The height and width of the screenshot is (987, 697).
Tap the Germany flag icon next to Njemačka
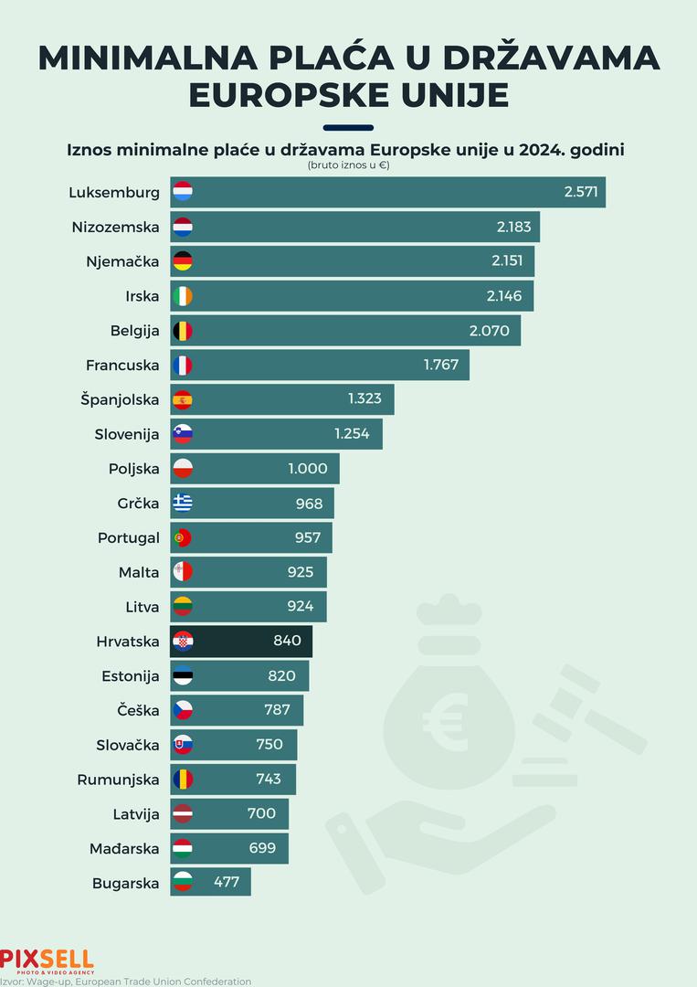pyautogui.click(x=183, y=261)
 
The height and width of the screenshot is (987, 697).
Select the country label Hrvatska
pyautogui.click(x=128, y=642)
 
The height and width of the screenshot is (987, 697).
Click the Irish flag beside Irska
pyautogui.click(x=183, y=296)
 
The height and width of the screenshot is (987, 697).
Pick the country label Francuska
pyautogui.click(x=122, y=366)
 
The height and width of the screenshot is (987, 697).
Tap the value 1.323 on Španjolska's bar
pyautogui.click(x=365, y=399)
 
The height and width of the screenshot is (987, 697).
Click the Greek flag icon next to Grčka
pyautogui.click(x=183, y=503)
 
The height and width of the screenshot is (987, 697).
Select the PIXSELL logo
pyautogui.click(x=47, y=960)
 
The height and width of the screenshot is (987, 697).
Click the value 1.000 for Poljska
pyautogui.click(x=307, y=469)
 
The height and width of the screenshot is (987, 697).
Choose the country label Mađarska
pyautogui.click(x=124, y=849)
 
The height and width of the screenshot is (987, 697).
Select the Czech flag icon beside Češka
pyautogui.click(x=183, y=710)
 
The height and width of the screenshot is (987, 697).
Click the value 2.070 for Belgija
pyautogui.click(x=490, y=331)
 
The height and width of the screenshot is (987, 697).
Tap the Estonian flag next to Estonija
pyautogui.click(x=183, y=676)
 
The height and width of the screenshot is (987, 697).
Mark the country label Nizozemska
pyautogui.click(x=116, y=227)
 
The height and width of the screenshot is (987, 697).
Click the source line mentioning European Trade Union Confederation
pyautogui.click(x=126, y=982)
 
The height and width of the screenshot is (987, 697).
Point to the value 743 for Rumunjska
pyautogui.click(x=269, y=780)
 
